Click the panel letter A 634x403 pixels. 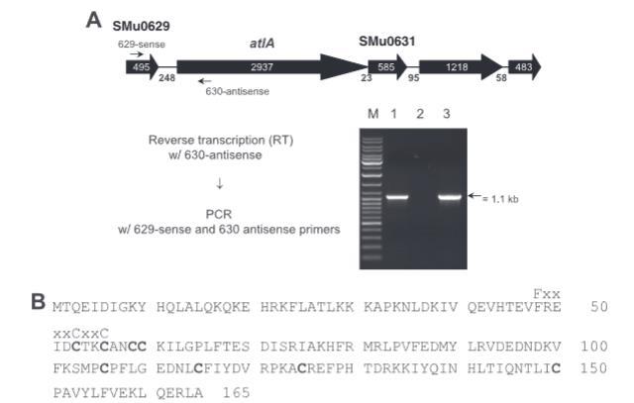(94, 20)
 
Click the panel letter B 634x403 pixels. (39, 302)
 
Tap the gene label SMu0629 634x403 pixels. (141, 27)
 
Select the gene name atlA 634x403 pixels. (262, 43)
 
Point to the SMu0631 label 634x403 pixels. (387, 42)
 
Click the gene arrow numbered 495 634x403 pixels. (143, 67)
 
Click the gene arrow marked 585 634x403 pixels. (387, 67)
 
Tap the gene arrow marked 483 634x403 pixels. (525, 67)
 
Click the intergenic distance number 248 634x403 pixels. (166, 77)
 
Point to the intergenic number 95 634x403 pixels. (414, 77)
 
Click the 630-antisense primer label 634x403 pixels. (238, 91)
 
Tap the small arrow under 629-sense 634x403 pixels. (137, 54)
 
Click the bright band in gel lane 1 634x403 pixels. (397, 197)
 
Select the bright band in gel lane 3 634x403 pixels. (450, 197)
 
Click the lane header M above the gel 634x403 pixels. (373, 114)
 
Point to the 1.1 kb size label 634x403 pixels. (500, 199)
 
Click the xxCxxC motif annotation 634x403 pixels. (81, 334)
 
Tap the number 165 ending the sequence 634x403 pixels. (237, 392)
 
